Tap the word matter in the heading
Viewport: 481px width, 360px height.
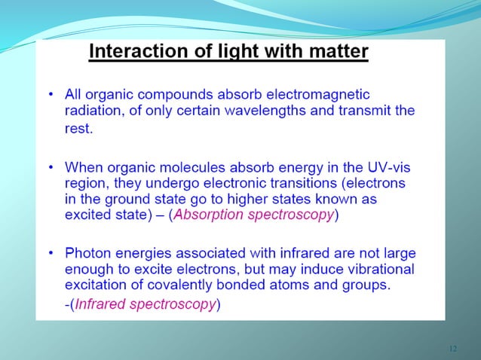(335, 52)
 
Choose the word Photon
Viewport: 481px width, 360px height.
(87, 254)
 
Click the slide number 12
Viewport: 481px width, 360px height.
(452, 349)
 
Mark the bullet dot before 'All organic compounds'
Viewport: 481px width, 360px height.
(51, 95)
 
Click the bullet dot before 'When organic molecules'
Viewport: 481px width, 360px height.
(51, 166)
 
